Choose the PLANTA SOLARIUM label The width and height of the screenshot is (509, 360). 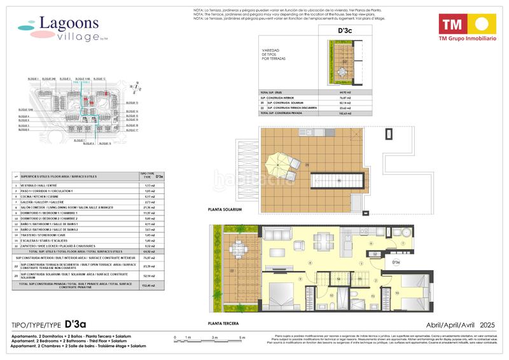tap(223, 209)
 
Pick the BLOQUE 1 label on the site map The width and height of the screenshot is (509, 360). tap(34, 79)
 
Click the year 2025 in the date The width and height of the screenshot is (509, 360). tap(487, 324)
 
